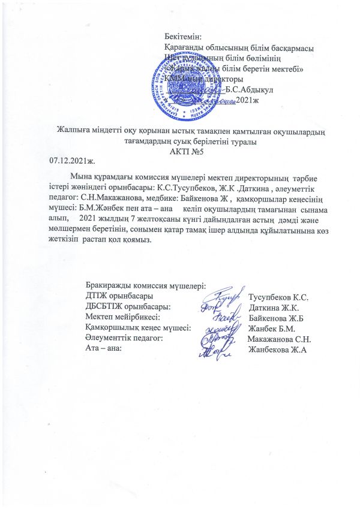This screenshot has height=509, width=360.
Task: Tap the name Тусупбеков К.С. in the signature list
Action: [278, 297]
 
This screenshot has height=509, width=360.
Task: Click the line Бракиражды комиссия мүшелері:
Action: [146, 286]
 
